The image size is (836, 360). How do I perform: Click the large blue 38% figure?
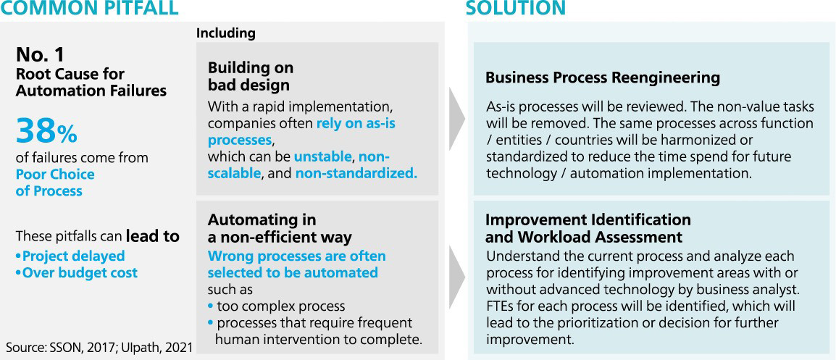coord(46,132)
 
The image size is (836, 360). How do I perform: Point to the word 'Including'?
coord(226,33)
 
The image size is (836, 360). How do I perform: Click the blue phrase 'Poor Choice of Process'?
coord(55,183)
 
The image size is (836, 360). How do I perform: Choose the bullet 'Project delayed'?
coord(70,256)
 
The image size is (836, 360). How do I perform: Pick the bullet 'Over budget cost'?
coord(76,273)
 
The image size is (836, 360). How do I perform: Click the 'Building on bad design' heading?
coord(251,76)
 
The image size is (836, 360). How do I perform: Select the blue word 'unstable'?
coord(323,157)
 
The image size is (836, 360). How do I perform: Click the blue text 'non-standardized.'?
coord(356,173)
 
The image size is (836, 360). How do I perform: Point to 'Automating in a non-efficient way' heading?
coord(280,227)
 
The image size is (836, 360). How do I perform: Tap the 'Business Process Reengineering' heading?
coord(603,78)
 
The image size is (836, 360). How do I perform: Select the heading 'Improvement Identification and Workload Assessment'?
coord(588,227)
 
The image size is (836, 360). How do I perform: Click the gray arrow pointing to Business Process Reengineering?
coord(457,118)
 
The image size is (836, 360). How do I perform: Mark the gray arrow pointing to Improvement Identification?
coord(457,277)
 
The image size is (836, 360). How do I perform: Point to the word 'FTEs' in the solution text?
coord(500,306)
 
